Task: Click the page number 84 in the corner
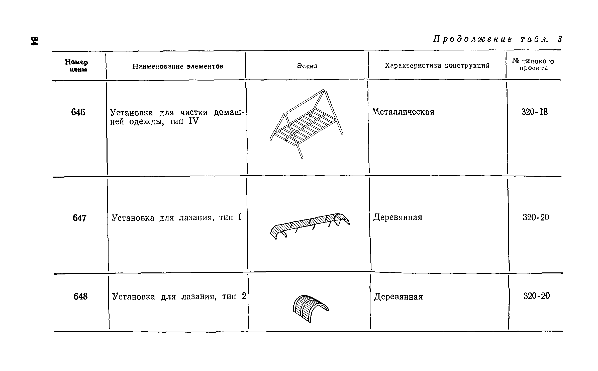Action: [34, 41]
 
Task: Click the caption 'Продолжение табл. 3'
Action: [498, 40]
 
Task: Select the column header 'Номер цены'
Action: [76, 66]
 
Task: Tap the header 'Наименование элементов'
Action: [178, 66]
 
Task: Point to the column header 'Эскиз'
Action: [307, 66]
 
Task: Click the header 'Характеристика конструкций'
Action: [437, 66]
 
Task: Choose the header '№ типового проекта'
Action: [533, 65]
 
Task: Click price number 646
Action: [78, 112]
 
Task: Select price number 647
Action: [79, 218]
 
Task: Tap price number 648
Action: [80, 296]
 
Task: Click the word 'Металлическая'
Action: [403, 112]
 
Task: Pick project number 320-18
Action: [535, 112]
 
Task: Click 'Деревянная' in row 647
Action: [397, 217]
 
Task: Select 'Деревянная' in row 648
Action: [398, 297]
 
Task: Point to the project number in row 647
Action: [536, 217]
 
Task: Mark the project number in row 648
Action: [537, 296]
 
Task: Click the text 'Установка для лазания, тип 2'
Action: [179, 297]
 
